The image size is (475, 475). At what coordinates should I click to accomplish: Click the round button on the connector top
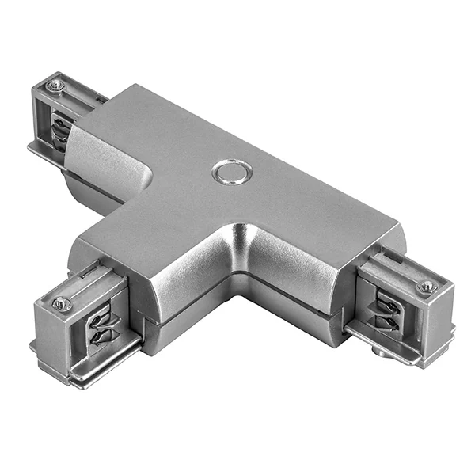coord(232,171)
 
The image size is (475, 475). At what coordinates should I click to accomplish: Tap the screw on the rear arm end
coord(55,85)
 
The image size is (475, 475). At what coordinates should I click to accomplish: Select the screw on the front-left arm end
coord(62,303)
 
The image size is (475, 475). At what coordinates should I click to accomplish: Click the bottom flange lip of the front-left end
coord(87,372)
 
